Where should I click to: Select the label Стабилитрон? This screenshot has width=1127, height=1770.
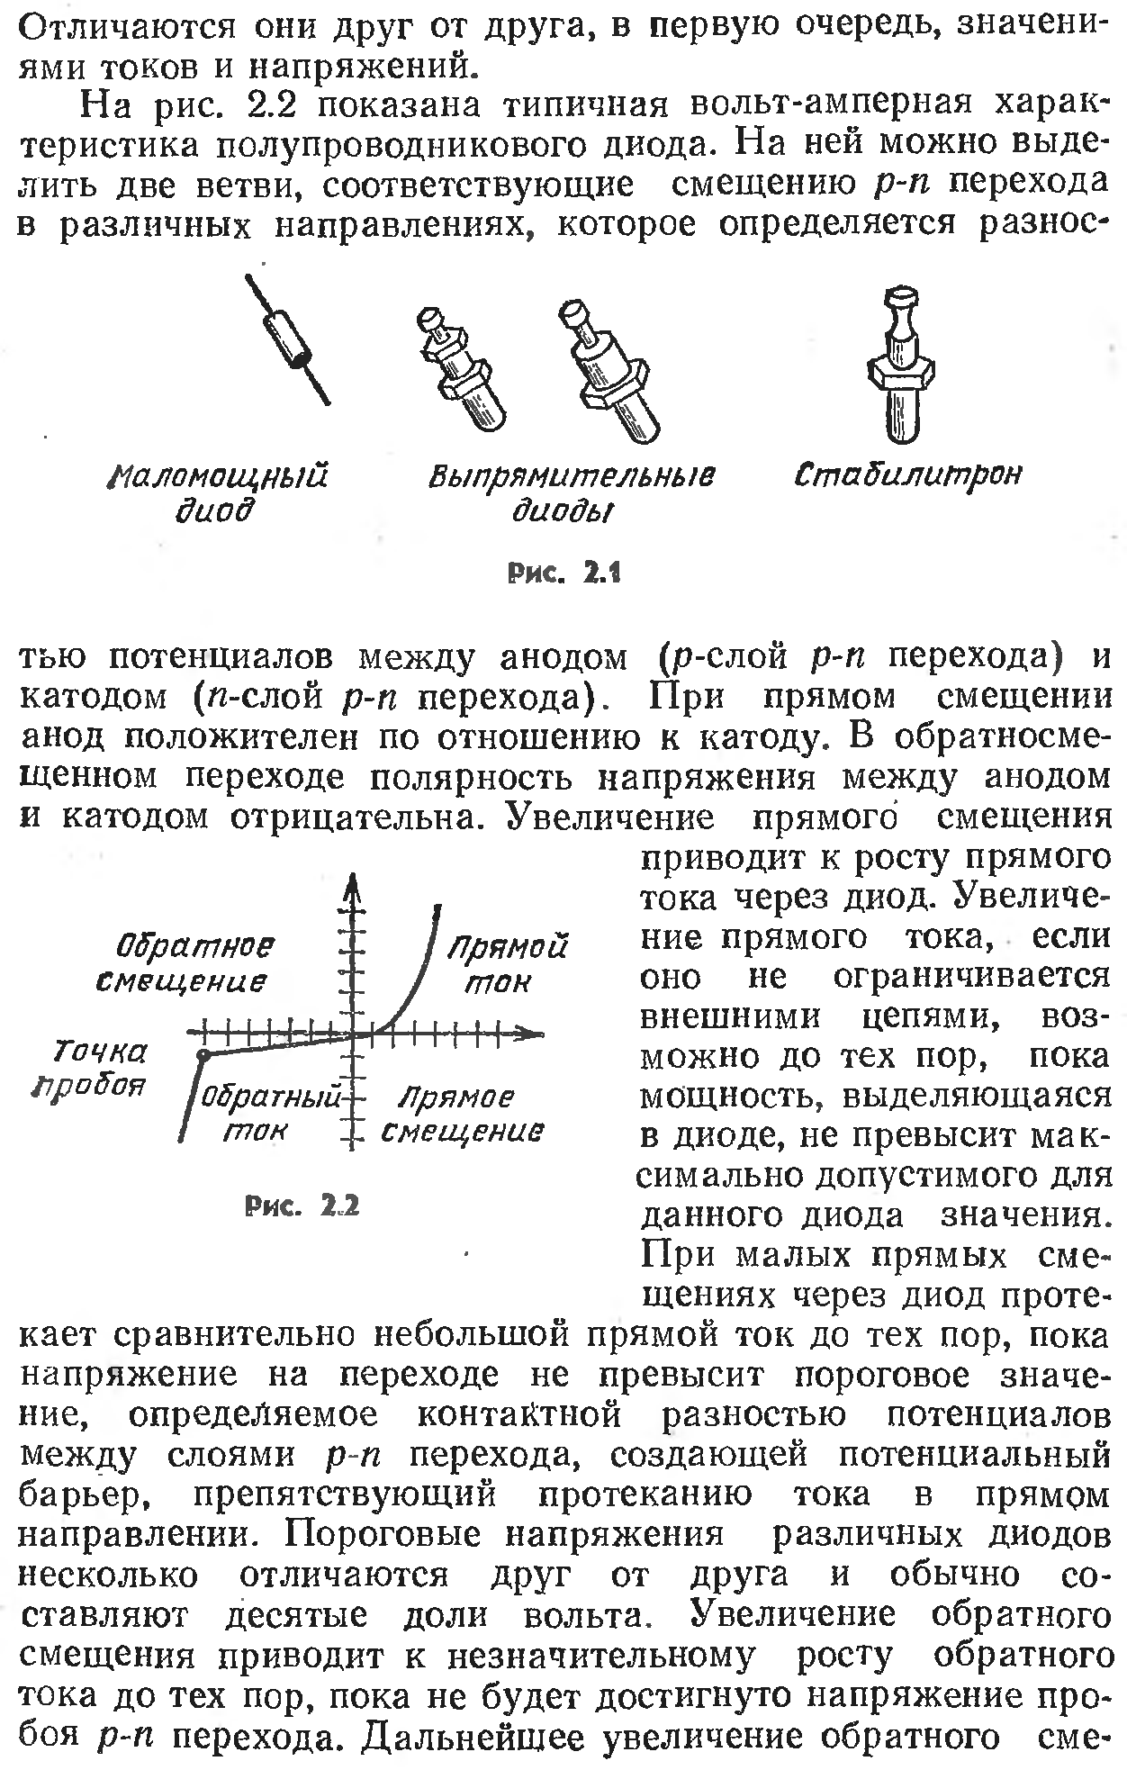click(x=908, y=474)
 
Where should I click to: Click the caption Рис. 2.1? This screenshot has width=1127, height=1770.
click(x=565, y=572)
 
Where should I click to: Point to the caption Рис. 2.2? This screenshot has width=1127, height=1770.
click(x=302, y=1205)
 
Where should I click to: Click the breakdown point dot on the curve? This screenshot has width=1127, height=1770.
click(x=204, y=1053)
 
